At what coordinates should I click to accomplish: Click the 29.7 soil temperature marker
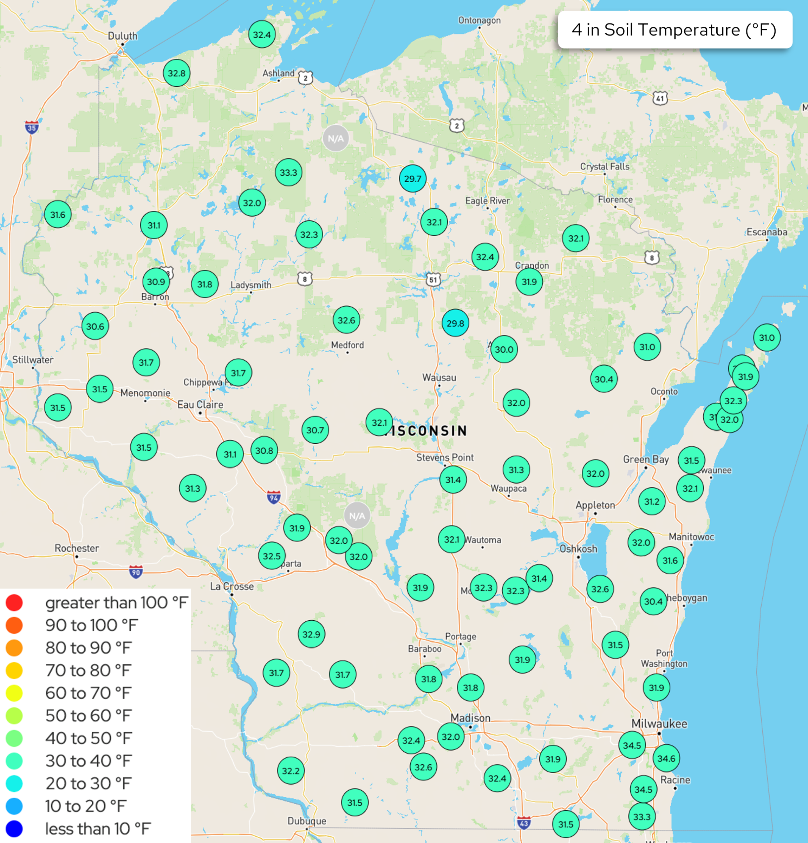point(412,178)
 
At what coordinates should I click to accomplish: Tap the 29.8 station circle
point(455,323)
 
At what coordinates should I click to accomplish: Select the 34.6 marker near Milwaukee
point(666,758)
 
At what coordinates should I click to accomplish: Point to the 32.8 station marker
point(176,73)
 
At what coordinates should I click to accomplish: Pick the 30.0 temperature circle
point(504,349)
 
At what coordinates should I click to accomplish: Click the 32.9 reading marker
point(311,634)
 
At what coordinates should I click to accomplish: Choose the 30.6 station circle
point(95,326)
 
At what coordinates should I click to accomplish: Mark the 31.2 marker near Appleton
point(651,502)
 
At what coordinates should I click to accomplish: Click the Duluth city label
point(122,36)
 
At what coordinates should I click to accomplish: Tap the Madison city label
point(470,718)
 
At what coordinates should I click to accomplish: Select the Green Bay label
point(646,459)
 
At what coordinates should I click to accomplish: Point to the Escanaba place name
point(767,232)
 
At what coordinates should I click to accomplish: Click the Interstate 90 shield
point(136,572)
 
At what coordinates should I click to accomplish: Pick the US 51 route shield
point(433,280)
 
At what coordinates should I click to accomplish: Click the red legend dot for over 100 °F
point(14,603)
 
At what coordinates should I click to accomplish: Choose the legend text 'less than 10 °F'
point(98,828)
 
